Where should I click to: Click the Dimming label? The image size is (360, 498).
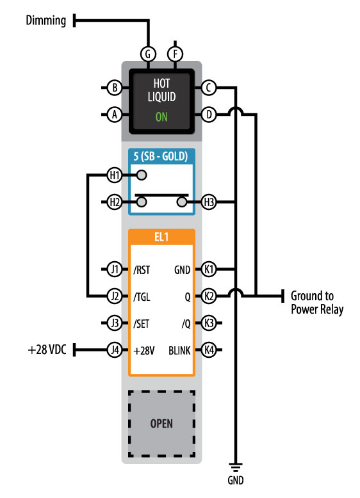coord(45,20)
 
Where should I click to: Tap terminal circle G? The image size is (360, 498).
coord(148,54)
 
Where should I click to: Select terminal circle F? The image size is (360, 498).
coord(175,54)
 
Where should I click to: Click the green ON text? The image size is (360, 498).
coord(161,117)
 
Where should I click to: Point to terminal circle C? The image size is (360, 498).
coord(209,87)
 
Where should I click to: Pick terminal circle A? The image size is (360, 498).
coord(115,115)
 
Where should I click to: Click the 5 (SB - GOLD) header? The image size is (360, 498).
coord(160,156)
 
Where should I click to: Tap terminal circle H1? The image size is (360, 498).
coord(115,175)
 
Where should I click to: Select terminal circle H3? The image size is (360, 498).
coord(209,202)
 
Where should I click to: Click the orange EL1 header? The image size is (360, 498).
coord(161,237)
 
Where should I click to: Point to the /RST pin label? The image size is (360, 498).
coord(142,270)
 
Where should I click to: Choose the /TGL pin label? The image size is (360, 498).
coord(142,297)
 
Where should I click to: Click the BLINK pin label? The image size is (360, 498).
coord(179,351)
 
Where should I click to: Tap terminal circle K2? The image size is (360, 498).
coord(209,296)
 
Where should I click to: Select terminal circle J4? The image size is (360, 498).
coord(115,350)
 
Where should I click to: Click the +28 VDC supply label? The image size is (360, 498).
coord(47,349)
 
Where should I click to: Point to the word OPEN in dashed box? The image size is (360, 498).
coord(161,424)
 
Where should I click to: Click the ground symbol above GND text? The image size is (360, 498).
coord(236,467)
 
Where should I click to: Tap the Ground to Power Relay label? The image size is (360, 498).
coord(317,303)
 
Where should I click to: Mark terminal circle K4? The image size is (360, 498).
coord(209,350)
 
